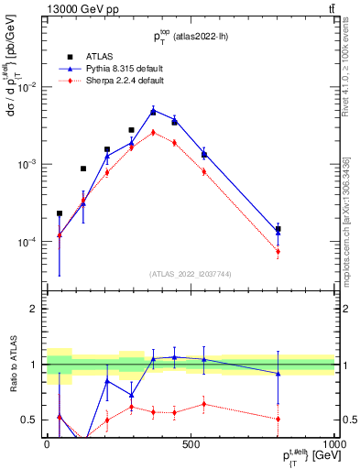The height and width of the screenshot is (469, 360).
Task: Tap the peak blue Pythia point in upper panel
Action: tap(153, 111)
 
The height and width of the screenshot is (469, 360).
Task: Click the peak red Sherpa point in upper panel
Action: tap(153, 132)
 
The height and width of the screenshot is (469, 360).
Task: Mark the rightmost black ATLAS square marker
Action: tap(278, 229)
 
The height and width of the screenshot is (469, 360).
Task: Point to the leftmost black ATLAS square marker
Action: tap(60, 213)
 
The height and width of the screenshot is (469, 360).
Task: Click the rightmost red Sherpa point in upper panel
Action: tap(278, 251)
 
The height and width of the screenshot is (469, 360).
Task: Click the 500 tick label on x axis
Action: tap(191, 445)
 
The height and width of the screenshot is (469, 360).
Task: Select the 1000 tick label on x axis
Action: tap(333, 445)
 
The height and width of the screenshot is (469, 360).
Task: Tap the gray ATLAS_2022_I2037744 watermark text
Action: tap(191, 274)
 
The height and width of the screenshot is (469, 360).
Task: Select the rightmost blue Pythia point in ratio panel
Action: tap(278, 374)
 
